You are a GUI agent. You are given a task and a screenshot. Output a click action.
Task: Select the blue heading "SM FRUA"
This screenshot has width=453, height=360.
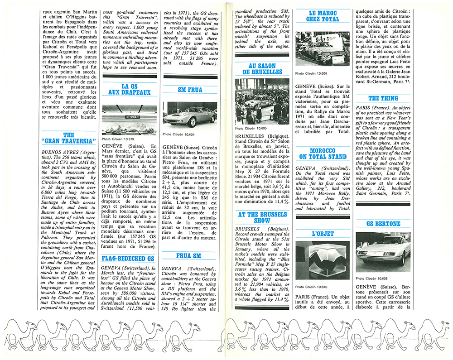(189, 90)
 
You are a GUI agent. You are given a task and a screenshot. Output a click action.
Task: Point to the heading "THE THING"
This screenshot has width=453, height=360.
(383, 98)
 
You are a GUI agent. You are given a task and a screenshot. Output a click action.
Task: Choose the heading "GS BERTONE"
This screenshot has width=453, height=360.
(383, 224)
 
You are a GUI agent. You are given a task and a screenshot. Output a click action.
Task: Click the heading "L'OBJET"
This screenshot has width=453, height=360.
(323, 234)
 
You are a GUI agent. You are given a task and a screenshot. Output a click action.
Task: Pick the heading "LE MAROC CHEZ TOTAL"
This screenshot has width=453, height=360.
(323, 16)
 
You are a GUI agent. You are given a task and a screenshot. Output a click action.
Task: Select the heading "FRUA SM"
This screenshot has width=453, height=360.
(189, 256)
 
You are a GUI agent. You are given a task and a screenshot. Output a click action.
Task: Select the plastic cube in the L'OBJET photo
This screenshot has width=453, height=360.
(323, 262)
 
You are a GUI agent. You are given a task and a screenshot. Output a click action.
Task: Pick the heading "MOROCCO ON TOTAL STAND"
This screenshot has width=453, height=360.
(323, 154)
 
